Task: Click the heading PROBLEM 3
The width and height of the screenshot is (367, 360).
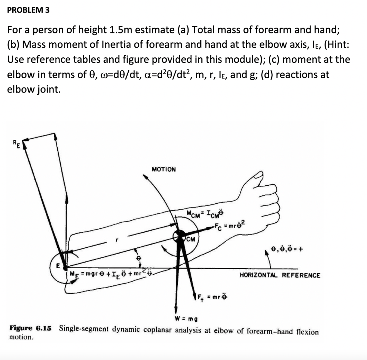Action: pyautogui.click(x=28, y=10)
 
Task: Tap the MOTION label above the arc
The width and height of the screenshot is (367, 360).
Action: pyautogui.click(x=164, y=169)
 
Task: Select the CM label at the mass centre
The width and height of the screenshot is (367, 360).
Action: pyautogui.click(x=190, y=240)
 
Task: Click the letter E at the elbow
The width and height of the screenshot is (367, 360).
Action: pyautogui.click(x=57, y=266)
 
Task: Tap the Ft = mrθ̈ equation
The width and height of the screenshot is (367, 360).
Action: pyautogui.click(x=212, y=297)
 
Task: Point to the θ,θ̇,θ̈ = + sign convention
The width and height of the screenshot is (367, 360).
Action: pyautogui.click(x=287, y=248)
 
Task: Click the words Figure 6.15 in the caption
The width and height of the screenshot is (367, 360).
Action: pyautogui.click(x=30, y=328)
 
